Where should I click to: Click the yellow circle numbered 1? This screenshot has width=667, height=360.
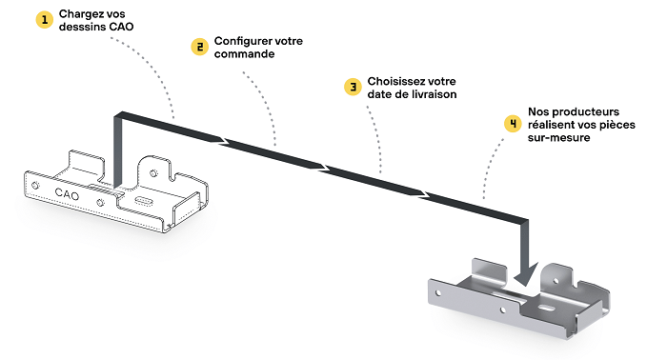pyautogui.click(x=44, y=20)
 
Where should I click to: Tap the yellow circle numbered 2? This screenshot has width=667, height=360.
pyautogui.click(x=199, y=47)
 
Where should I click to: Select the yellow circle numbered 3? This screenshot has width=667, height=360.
pyautogui.click(x=353, y=87)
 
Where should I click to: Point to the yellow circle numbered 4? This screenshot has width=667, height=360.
pyautogui.click(x=513, y=124)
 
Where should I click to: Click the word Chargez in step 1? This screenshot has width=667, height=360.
pyautogui.click(x=81, y=14)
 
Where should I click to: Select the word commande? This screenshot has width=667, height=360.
pyautogui.click(x=244, y=54)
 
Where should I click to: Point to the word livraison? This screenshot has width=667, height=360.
pyautogui.click(x=435, y=94)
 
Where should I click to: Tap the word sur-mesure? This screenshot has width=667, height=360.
pyautogui.click(x=559, y=138)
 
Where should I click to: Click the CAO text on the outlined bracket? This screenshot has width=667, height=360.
pyautogui.click(x=67, y=194)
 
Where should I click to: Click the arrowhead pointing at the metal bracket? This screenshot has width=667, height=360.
pyautogui.click(x=526, y=274)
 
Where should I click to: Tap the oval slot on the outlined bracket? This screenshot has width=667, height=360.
pyautogui.click(x=143, y=201)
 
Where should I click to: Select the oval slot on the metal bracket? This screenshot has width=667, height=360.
pyautogui.click(x=545, y=307)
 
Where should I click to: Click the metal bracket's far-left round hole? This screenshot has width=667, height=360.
pyautogui.click(x=438, y=292)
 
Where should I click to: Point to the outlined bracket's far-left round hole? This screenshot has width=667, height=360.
pyautogui.click(x=35, y=186)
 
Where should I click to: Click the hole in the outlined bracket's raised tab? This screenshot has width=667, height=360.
pyautogui.click(x=153, y=173)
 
